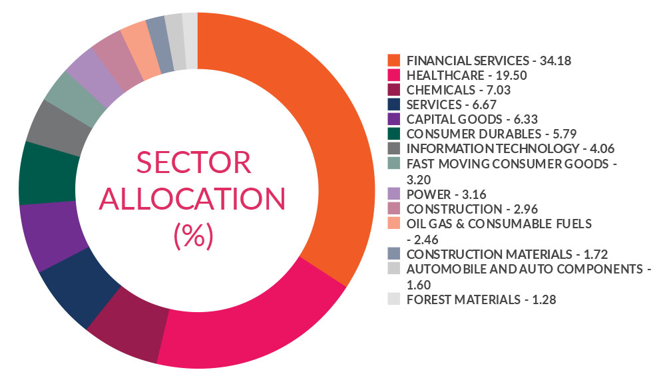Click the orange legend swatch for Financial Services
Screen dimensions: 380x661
pyautogui.click(x=394, y=61)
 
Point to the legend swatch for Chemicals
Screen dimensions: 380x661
pyautogui.click(x=394, y=90)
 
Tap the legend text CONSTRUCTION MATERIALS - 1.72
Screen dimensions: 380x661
pyautogui.click(x=507, y=254)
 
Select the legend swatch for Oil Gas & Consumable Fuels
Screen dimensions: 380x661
pyautogui.click(x=394, y=223)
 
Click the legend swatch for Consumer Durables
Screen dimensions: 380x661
pyautogui.click(x=394, y=133)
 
